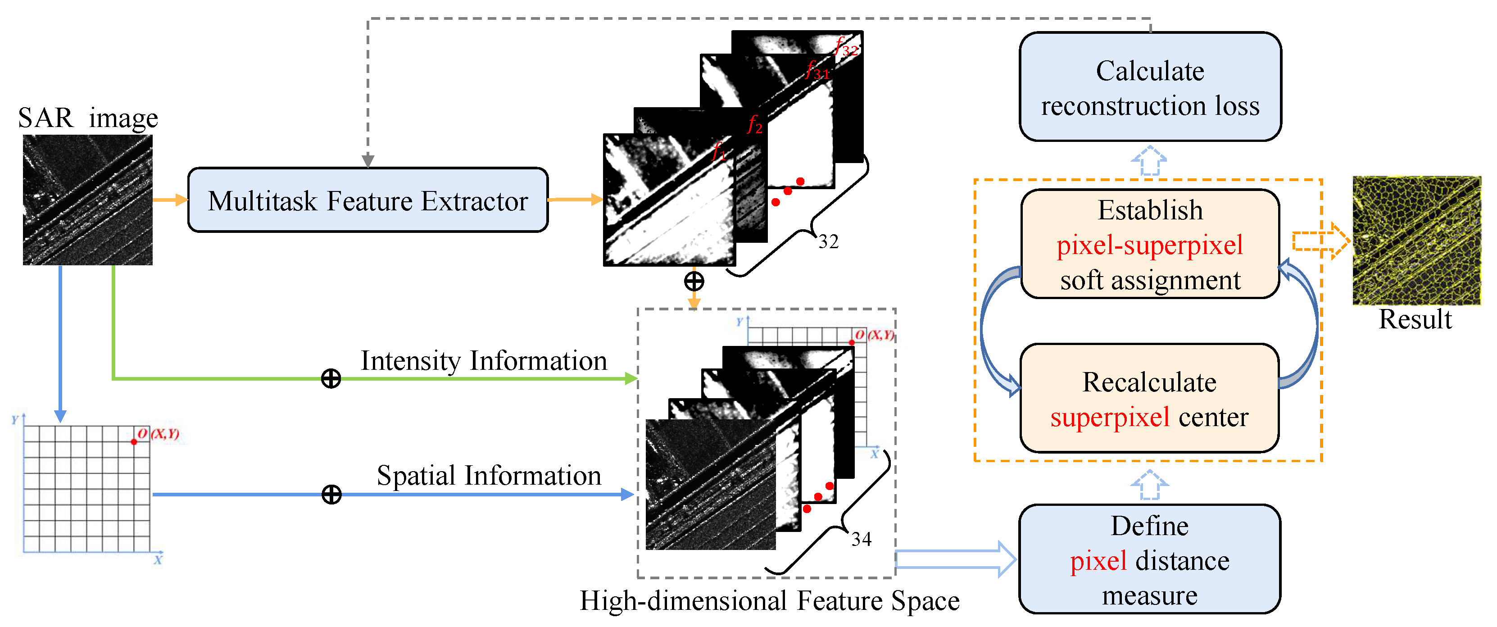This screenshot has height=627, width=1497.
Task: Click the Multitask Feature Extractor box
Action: click(x=367, y=200)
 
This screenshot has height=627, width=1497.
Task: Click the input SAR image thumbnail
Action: click(x=88, y=200)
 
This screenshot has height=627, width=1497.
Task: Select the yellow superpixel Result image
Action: click(x=1416, y=240)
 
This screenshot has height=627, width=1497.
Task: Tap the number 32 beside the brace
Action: click(x=828, y=242)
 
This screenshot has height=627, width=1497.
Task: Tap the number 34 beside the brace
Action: click(x=861, y=539)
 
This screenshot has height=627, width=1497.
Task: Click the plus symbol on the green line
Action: click(x=331, y=379)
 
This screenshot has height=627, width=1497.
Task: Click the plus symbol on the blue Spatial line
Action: click(x=331, y=495)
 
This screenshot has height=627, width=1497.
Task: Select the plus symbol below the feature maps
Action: click(x=694, y=281)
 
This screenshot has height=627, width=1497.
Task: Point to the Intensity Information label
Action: click(x=484, y=360)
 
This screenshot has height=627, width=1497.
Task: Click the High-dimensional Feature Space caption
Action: click(x=769, y=601)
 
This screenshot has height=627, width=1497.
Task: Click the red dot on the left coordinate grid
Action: click(x=134, y=441)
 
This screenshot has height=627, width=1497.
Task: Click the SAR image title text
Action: click(x=88, y=118)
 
